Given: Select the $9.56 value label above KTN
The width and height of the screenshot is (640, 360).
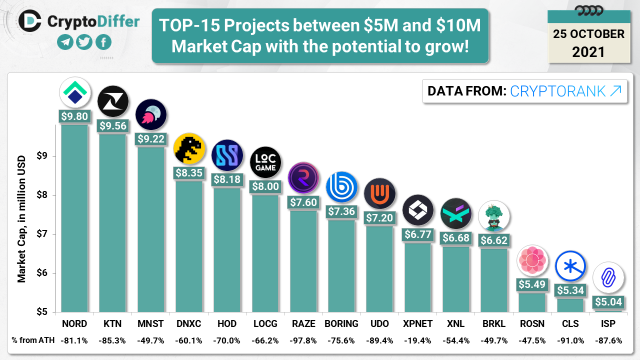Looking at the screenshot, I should pyautogui.click(x=112, y=126).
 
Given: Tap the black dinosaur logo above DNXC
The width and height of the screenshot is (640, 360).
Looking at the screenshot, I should pyautogui.click(x=189, y=148).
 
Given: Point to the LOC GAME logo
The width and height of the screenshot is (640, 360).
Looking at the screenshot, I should pyautogui.click(x=265, y=162).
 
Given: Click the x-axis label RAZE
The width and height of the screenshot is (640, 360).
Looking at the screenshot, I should pyautogui.click(x=303, y=323).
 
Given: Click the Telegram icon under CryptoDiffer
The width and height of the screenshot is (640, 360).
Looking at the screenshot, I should pyautogui.click(x=65, y=42).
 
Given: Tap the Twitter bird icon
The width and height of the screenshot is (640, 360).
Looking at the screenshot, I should pyautogui.click(x=84, y=42).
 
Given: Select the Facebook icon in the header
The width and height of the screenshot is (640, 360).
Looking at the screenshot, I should pyautogui.click(x=103, y=42).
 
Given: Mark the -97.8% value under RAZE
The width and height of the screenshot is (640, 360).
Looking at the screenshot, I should pyautogui.click(x=303, y=340).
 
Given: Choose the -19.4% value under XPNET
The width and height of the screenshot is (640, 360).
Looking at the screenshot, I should pyautogui.click(x=417, y=340).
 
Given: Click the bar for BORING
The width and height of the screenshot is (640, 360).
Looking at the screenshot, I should pyautogui.click(x=341, y=265).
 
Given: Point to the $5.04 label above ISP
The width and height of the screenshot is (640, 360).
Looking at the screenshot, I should pyautogui.click(x=608, y=301).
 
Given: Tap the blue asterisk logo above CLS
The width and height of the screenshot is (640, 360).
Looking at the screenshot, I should pyautogui.click(x=570, y=265).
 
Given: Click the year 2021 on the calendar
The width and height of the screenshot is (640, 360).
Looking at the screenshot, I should pyautogui.click(x=588, y=51).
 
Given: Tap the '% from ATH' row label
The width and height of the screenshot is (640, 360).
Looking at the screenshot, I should pyautogui.click(x=31, y=340).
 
